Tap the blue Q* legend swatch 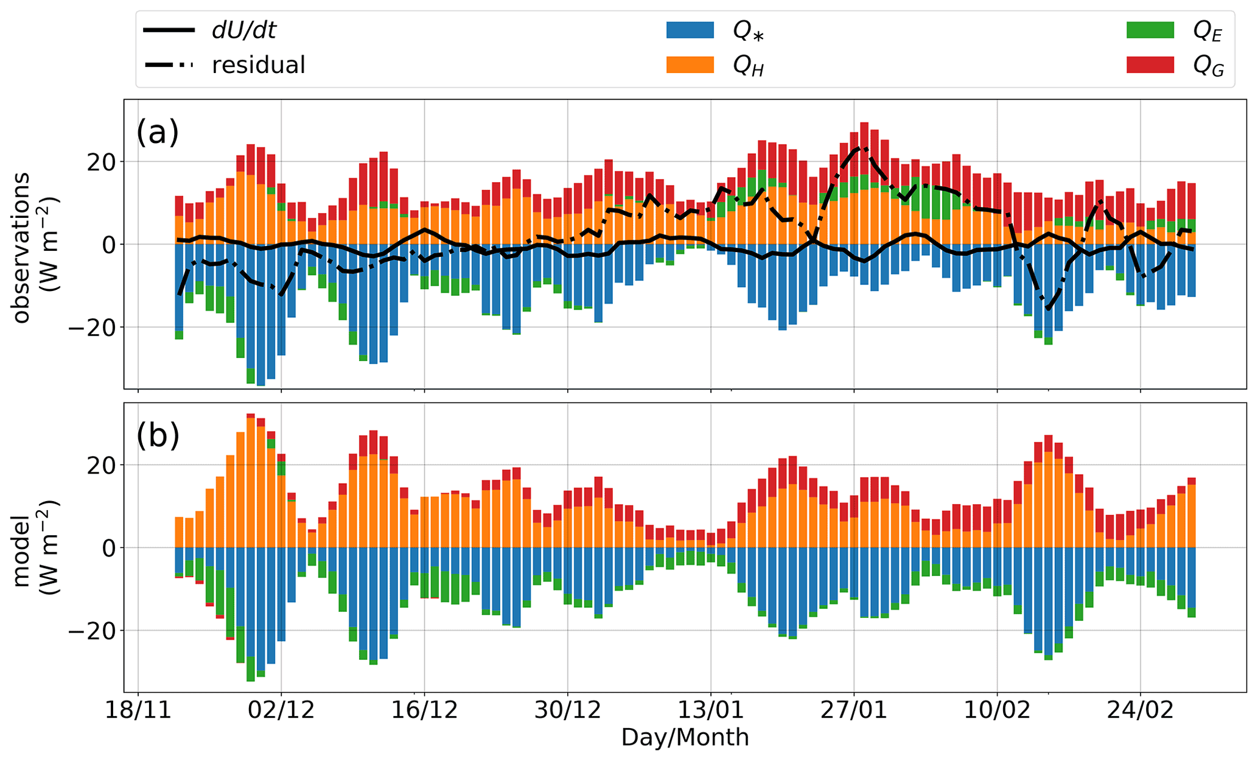pyautogui.click(x=690, y=30)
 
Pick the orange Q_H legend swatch pyautogui.click(x=690, y=65)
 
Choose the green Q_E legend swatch pyautogui.click(x=1150, y=30)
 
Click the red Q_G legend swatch pyautogui.click(x=1150, y=65)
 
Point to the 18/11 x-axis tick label pyautogui.click(x=138, y=711)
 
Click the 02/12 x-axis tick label pyautogui.click(x=281, y=711)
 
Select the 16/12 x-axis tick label pyautogui.click(x=424, y=711)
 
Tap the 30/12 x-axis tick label pyautogui.click(x=568, y=711)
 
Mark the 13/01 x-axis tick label pyautogui.click(x=711, y=711)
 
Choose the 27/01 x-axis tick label pyautogui.click(x=854, y=711)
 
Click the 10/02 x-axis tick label pyautogui.click(x=997, y=711)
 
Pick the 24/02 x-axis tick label pyautogui.click(x=1140, y=711)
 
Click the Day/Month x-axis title pyautogui.click(x=685, y=738)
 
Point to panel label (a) pyautogui.click(x=158, y=132)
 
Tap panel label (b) pyautogui.click(x=158, y=435)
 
